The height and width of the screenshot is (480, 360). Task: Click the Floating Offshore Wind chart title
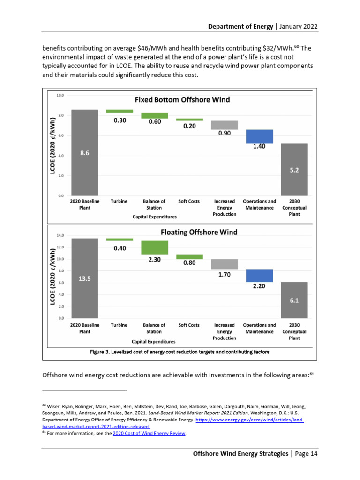199,232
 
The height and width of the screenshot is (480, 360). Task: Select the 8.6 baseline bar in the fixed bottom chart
84,152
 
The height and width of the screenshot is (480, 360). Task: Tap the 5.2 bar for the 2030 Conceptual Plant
294,170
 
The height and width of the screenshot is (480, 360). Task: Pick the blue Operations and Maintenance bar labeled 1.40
259,136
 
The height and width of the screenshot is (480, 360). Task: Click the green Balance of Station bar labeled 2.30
154,247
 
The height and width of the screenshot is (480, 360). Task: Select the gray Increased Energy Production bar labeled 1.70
224,264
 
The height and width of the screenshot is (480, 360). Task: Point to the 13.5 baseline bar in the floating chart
84,278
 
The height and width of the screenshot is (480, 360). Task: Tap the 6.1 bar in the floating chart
294,300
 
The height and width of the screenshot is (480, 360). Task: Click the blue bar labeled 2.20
259,276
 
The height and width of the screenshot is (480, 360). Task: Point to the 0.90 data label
225,134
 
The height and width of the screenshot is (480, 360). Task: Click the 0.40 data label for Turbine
120,248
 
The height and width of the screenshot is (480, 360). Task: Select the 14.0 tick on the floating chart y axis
60,235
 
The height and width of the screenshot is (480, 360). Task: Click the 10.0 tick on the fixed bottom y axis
60,95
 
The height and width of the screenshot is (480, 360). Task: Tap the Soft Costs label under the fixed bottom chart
189,201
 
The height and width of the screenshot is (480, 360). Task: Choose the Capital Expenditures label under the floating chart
154,342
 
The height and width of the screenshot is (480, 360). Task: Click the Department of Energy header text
240,26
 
